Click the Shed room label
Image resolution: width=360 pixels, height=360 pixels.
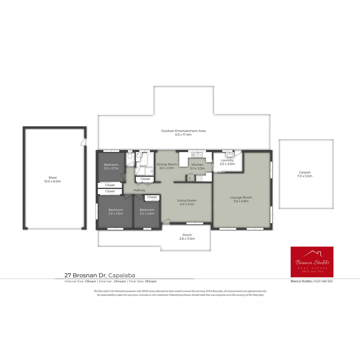click(x=52, y=178)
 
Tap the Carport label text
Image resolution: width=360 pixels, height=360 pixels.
click(x=304, y=172)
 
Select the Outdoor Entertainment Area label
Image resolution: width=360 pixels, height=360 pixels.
click(x=183, y=131)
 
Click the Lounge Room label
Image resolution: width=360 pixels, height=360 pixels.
click(x=241, y=197)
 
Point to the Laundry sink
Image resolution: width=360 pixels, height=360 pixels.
click(x=229, y=154)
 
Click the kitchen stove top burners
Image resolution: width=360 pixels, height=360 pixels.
click(x=199, y=178)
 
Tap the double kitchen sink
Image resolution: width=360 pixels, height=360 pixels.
click(x=197, y=155)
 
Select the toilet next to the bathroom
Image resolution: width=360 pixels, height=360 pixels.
click(x=130, y=155)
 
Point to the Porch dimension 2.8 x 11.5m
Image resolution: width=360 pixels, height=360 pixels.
click(x=187, y=238)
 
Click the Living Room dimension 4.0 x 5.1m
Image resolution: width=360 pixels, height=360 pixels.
click(x=187, y=204)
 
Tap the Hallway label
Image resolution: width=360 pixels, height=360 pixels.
click(x=139, y=190)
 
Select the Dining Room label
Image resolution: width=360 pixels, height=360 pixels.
click(x=166, y=164)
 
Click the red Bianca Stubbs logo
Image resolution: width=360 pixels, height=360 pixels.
click(x=312, y=262)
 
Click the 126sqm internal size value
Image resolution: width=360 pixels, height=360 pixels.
click(x=91, y=281)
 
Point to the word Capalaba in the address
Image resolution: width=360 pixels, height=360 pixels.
click(x=121, y=275)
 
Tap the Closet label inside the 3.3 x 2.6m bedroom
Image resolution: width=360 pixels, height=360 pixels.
click(x=152, y=197)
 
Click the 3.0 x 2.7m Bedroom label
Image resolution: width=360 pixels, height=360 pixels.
click(x=111, y=166)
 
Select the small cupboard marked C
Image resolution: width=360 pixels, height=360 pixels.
click(x=190, y=178)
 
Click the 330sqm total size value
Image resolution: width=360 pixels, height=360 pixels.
click(x=151, y=281)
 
